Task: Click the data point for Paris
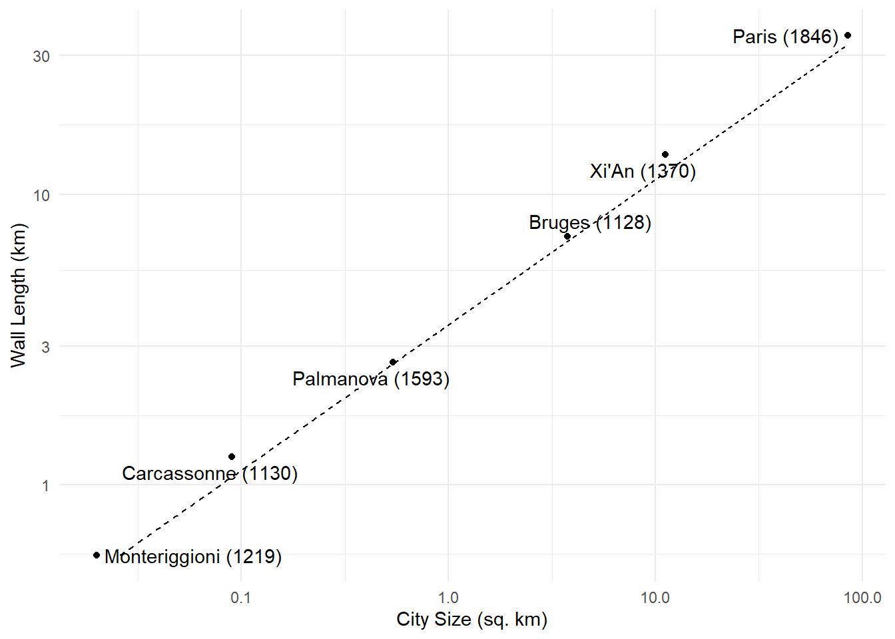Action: tap(848, 35)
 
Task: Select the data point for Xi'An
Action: tap(665, 154)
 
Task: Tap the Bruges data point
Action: tap(567, 236)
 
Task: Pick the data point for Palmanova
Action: tap(393, 362)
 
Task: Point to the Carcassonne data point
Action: tap(232, 457)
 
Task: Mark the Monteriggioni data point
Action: tap(97, 555)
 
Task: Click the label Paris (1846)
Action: tap(785, 37)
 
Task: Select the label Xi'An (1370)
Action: tap(643, 172)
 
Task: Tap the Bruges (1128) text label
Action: tap(590, 222)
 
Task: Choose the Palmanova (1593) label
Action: tap(371, 379)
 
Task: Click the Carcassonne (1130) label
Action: tap(210, 474)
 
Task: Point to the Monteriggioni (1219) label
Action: tap(193, 556)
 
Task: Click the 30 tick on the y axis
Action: tap(41, 57)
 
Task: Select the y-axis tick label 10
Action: tap(41, 196)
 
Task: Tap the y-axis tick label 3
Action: tap(45, 347)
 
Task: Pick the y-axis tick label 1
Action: tap(45, 486)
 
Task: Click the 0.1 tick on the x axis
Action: tap(240, 598)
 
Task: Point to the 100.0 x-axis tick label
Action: tap(862, 598)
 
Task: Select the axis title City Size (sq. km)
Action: tap(471, 620)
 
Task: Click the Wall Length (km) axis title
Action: tap(18, 296)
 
